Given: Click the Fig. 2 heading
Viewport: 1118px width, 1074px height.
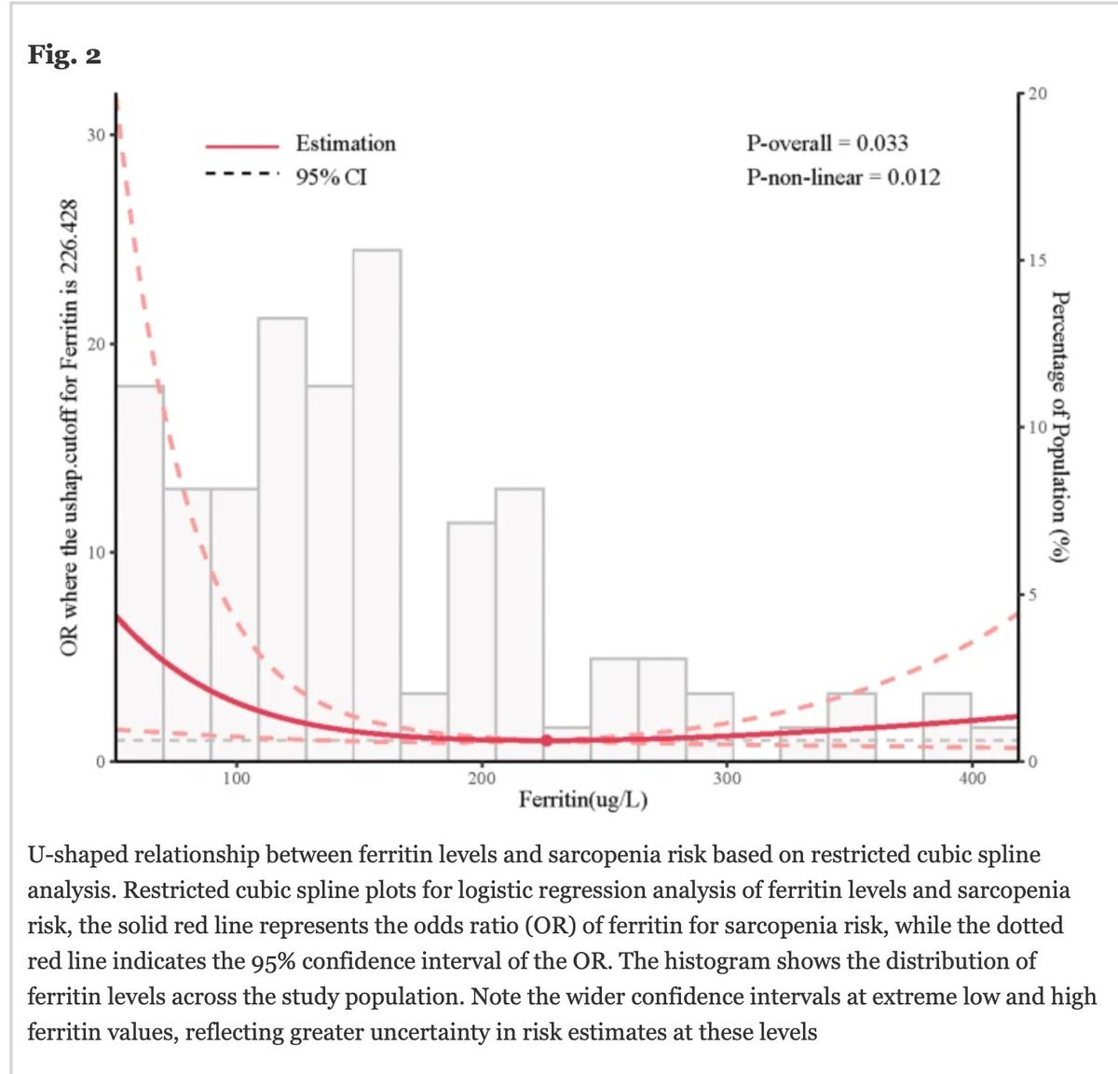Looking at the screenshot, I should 64,56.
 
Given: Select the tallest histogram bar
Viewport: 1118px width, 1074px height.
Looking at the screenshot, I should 376,503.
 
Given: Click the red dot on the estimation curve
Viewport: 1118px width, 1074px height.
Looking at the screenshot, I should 546,740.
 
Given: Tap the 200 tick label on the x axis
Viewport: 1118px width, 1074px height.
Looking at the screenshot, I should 482,778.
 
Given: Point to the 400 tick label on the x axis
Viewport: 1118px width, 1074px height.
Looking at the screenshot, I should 972,778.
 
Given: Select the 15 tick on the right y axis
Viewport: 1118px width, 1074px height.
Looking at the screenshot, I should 1037,260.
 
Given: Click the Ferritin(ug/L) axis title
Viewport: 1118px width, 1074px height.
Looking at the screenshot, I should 583,800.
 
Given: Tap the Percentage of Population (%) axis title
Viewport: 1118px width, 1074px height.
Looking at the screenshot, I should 1058,427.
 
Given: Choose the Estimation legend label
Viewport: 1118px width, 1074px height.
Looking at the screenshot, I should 346,144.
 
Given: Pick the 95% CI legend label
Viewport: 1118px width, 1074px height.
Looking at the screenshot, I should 332,177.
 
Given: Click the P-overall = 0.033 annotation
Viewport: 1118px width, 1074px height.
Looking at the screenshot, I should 826,144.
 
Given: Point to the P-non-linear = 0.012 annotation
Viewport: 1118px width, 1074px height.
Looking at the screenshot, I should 843,177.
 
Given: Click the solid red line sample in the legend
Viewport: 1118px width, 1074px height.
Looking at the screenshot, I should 242,145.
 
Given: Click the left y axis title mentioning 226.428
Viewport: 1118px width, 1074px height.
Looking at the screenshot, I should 67,428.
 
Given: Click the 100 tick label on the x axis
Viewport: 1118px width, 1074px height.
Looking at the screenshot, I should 237,778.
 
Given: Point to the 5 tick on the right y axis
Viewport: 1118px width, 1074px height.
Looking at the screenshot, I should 1032,595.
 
